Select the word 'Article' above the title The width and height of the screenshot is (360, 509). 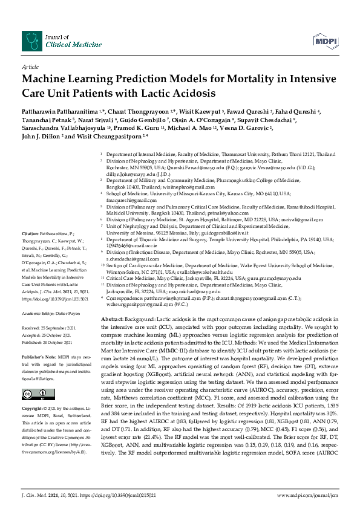30,66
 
